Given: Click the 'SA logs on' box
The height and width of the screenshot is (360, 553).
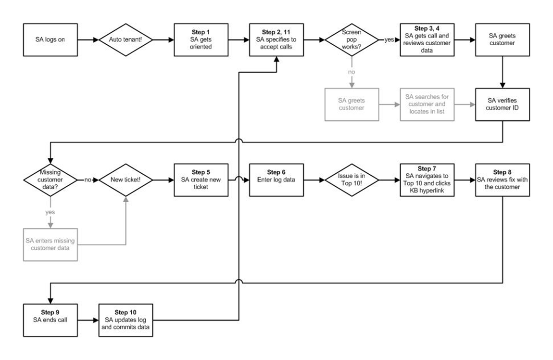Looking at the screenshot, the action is [x=50, y=40].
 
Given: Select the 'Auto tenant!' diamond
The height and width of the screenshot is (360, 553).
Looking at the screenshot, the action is [x=126, y=40].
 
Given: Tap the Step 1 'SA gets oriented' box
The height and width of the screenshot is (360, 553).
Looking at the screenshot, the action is [x=201, y=40].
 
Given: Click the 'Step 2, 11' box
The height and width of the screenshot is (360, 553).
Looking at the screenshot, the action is [x=276, y=40].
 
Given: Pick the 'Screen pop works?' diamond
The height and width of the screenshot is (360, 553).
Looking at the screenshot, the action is [x=352, y=40].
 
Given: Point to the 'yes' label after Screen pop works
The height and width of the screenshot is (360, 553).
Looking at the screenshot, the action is [x=389, y=40].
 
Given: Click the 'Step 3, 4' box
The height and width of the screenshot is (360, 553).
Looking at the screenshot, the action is [x=427, y=40].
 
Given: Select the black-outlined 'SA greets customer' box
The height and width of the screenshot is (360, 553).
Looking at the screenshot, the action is [x=503, y=40].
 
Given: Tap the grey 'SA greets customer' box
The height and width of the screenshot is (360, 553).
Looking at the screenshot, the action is [x=352, y=104].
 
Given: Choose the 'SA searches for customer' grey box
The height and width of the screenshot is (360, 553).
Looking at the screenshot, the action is [x=427, y=104].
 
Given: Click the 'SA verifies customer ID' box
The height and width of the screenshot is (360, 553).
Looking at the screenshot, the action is [x=503, y=104].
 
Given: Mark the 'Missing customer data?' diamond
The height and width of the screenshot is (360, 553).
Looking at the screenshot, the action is [x=50, y=180].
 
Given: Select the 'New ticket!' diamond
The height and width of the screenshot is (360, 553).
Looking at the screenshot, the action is [x=126, y=180].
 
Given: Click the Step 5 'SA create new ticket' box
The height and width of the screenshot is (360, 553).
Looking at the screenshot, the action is [x=201, y=180].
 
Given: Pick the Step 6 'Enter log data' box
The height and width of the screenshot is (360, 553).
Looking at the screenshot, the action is [x=276, y=180].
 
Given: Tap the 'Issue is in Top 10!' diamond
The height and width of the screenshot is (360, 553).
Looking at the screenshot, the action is [x=352, y=180].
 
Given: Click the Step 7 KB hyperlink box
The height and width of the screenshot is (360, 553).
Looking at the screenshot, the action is [x=427, y=180].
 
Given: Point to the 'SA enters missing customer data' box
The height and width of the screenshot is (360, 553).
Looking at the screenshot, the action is [x=50, y=244].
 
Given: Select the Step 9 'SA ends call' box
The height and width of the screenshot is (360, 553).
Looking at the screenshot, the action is [x=50, y=320].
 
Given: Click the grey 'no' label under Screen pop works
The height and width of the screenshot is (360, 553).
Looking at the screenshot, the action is [x=352, y=72].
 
